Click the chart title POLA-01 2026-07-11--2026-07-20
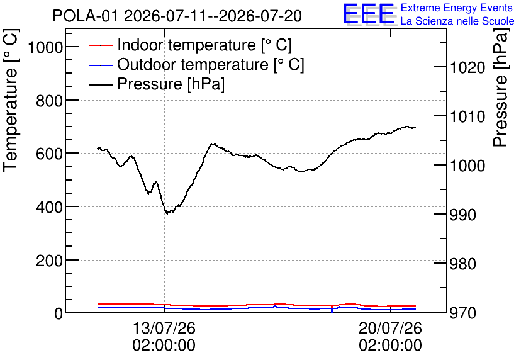pyautogui.click(x=177, y=16)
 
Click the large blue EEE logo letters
pyautogui.click(x=369, y=14)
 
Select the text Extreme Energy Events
pyautogui.click(x=457, y=8)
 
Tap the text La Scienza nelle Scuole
pyautogui.click(x=457, y=21)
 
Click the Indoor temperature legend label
pyautogui.click(x=204, y=45)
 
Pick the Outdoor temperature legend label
pyautogui.click(x=210, y=64)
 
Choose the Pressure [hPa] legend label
pyautogui.click(x=171, y=84)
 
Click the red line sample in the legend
pyautogui.click(x=100, y=45)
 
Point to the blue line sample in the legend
pyautogui.click(x=100, y=65)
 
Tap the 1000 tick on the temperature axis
pyautogui.click(x=46, y=47)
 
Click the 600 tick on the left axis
pyautogui.click(x=50, y=154)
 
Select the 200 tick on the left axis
pyautogui.click(x=50, y=261)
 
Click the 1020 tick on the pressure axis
pyautogui.click(x=467, y=68)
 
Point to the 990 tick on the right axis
pyautogui.click(x=463, y=215)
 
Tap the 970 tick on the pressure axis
pyautogui.click(x=463, y=313)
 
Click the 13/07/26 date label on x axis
pyautogui.click(x=164, y=328)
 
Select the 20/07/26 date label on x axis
pyautogui.click(x=391, y=328)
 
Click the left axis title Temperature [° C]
pyautogui.click(x=11, y=101)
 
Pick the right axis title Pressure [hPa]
pyautogui.click(x=500, y=87)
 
